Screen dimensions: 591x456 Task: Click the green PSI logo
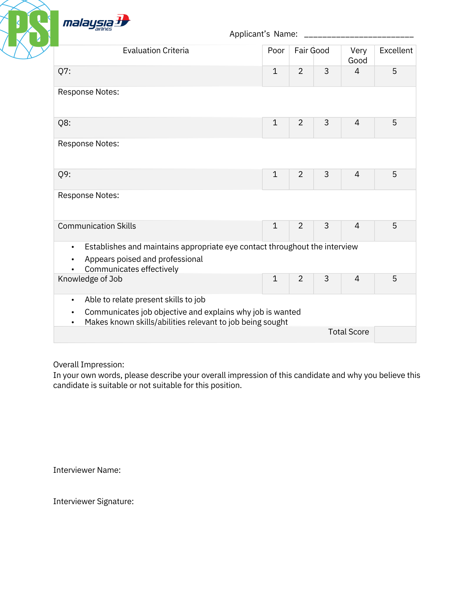[x=33, y=29]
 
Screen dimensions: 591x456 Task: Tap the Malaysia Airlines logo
[x=96, y=22]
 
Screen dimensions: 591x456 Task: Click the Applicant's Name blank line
[x=359, y=35]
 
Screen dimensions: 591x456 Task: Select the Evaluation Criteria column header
[x=156, y=51]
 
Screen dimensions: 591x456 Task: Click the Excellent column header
[x=396, y=51]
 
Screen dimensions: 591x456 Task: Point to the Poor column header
[x=276, y=51]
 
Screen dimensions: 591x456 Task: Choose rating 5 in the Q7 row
[x=394, y=71]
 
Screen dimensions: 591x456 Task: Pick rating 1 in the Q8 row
[x=275, y=123]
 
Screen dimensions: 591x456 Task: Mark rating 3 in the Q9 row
[x=326, y=174]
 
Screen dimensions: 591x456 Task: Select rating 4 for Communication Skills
[x=357, y=226]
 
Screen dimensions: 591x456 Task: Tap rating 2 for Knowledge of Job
[x=300, y=279]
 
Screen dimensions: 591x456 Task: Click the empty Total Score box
[x=395, y=334]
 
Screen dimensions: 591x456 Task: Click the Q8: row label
[x=64, y=123]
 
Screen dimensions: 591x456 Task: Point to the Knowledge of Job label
[x=90, y=279]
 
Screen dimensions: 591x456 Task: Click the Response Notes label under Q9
[x=89, y=195]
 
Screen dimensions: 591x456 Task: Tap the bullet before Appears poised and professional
[x=73, y=259]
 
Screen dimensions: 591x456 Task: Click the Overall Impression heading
[x=89, y=365]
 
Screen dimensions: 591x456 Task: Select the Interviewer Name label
[x=87, y=470]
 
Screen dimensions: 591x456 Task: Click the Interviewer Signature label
[x=93, y=501]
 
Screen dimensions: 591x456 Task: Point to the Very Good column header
[x=358, y=55]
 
